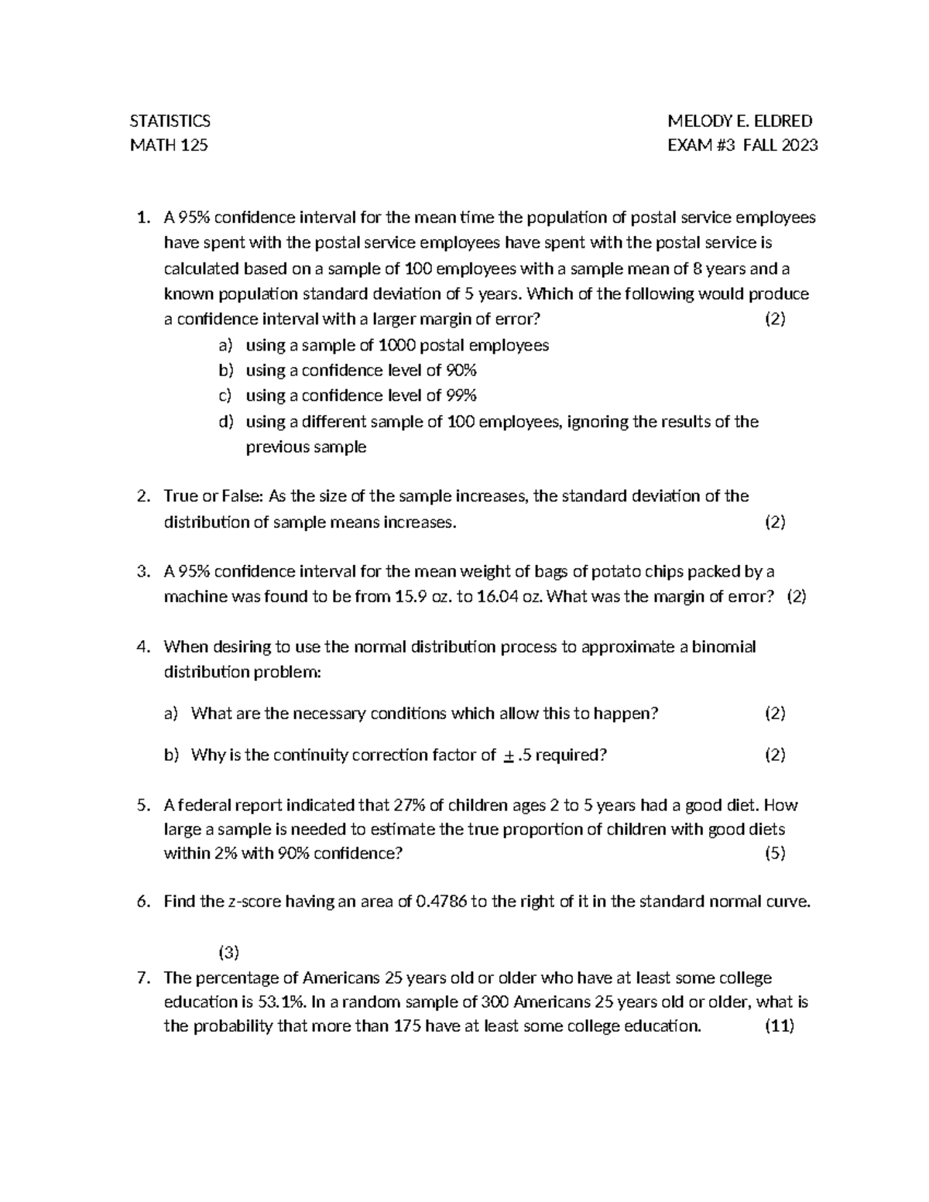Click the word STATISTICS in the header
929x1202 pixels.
tap(170, 121)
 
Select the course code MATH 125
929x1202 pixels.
tap(168, 145)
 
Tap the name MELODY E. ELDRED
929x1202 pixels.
tap(740, 121)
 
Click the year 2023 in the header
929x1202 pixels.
tap(800, 145)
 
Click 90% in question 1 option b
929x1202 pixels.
tap(461, 370)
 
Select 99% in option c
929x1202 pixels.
tap(461, 396)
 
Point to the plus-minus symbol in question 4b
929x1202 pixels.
tap(508, 755)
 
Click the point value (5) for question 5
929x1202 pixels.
tap(775, 854)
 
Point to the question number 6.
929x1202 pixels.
tap(142, 902)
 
